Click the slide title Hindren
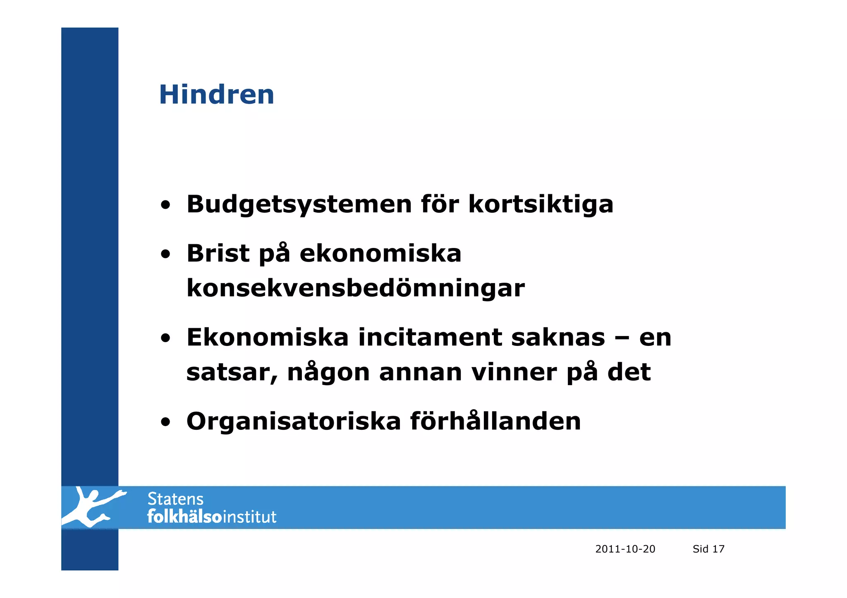click(216, 94)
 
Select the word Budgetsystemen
click(299, 204)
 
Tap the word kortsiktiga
click(541, 204)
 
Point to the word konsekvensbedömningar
click(355, 288)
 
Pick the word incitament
click(430, 337)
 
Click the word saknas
click(558, 337)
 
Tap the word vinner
click(514, 372)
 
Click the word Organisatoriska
click(294, 421)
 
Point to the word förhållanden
click(495, 421)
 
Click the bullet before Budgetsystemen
click(165, 205)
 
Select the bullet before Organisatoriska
click(165, 422)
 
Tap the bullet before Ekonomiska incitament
click(165, 338)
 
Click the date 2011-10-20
click(625, 549)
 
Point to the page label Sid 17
click(708, 549)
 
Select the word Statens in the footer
click(175, 499)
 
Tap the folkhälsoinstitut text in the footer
click(212, 517)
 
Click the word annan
click(420, 372)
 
